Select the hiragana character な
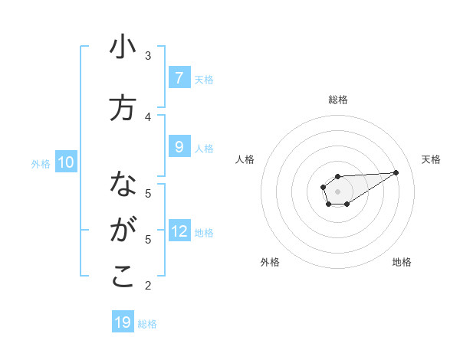(x=123, y=185)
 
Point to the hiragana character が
(x=123, y=230)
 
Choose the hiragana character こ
(x=123, y=277)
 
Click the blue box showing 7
(x=179, y=78)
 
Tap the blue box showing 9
(x=179, y=147)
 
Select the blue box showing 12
(x=179, y=231)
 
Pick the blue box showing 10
(x=65, y=162)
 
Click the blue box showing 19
(x=123, y=322)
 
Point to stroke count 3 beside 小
(x=148, y=56)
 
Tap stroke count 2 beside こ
(x=148, y=286)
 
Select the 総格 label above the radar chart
(x=338, y=100)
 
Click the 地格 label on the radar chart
(x=402, y=262)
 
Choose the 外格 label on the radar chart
(x=270, y=262)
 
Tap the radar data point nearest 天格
(x=396, y=172)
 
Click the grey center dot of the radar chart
(x=337, y=191)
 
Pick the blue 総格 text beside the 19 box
(x=147, y=324)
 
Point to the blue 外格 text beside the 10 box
(x=40, y=163)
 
